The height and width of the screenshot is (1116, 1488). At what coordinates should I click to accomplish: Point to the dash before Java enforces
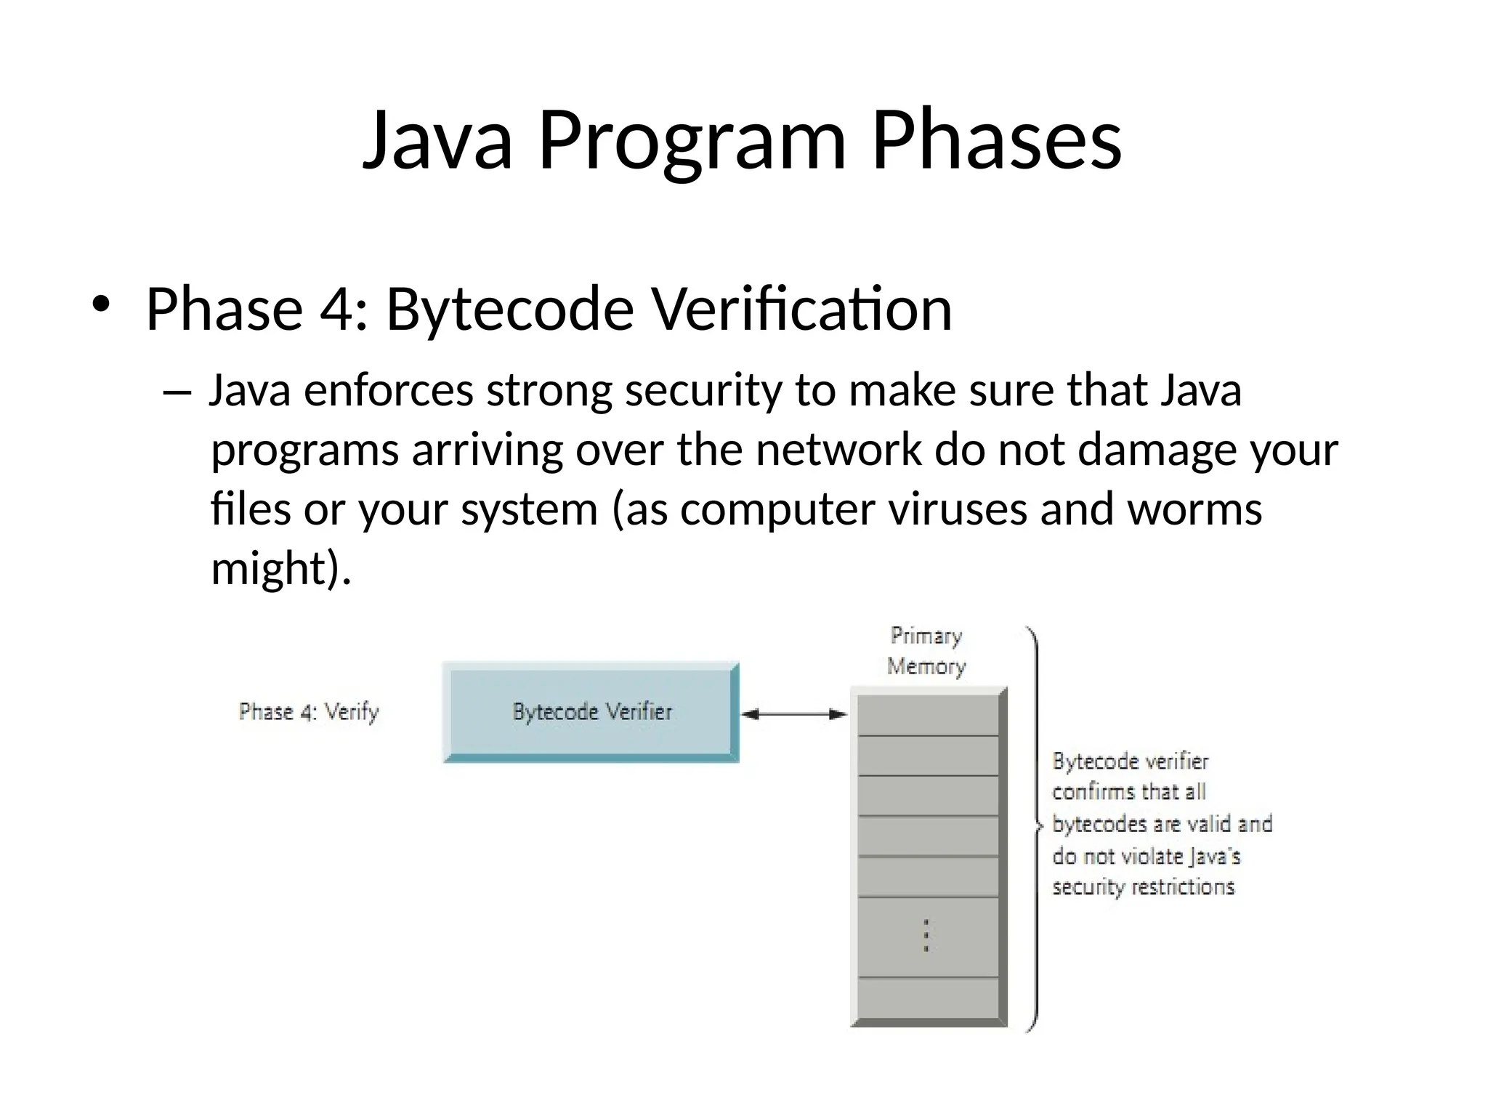(177, 393)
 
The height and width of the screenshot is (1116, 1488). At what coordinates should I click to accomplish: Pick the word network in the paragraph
(838, 450)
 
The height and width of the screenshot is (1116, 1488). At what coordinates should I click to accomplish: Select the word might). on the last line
(280, 568)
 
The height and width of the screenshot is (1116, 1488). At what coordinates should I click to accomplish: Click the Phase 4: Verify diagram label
(309, 711)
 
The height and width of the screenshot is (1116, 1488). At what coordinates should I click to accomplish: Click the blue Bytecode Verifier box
(591, 711)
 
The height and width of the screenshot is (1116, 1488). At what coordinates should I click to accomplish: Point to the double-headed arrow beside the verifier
(793, 714)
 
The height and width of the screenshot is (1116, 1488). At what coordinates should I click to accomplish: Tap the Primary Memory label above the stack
(926, 651)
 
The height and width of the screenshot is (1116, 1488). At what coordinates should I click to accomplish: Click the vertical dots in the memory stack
(926, 936)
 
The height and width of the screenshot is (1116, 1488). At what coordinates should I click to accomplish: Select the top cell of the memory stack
(928, 715)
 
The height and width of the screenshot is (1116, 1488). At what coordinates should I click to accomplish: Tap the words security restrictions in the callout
(1143, 887)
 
